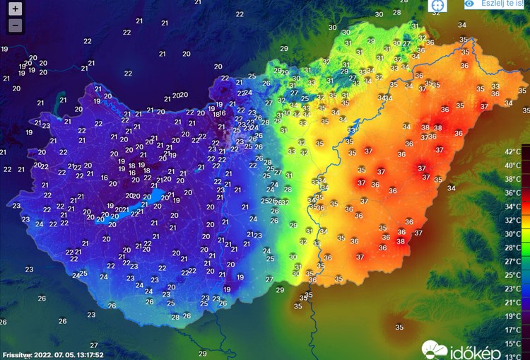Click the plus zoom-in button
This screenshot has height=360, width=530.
click(x=16, y=10)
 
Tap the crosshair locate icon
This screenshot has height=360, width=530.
click(x=438, y=5)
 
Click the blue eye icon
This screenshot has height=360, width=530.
click(x=469, y=4)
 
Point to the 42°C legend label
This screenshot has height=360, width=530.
click(x=512, y=152)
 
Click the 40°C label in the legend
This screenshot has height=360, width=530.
click(x=512, y=166)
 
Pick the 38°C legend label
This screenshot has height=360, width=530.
click(x=512, y=179)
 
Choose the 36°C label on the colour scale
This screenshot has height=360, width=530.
click(x=512, y=193)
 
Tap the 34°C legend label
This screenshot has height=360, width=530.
click(x=512, y=207)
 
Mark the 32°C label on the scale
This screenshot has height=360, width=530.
click(x=512, y=220)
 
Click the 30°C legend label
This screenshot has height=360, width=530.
click(x=512, y=233)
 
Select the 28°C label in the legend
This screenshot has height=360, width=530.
click(x=512, y=248)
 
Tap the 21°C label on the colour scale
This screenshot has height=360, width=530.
click(x=512, y=302)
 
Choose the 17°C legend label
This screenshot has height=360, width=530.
click(x=512, y=330)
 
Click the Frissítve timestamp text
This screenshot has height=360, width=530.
click(x=53, y=355)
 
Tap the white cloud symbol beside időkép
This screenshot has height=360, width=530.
click(x=435, y=349)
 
